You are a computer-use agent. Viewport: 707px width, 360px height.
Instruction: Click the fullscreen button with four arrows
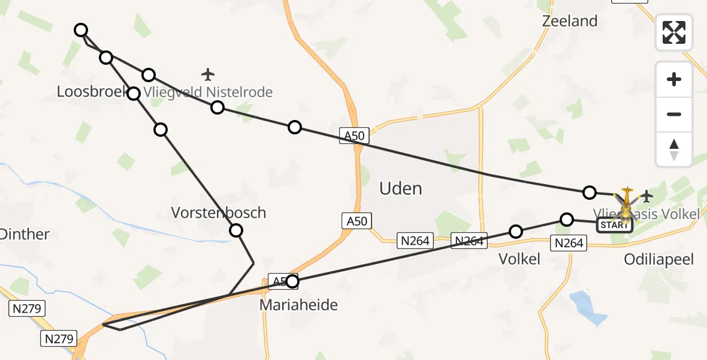tap(674, 32)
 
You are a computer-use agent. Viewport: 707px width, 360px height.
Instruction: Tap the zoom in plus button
tap(674, 79)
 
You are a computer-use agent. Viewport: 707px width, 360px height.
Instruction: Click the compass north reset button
tap(674, 149)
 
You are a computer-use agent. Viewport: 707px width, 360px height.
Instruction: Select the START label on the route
tap(614, 225)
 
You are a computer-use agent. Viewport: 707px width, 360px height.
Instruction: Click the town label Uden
tap(401, 188)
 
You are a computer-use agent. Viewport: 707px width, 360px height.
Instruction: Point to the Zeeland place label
tap(570, 21)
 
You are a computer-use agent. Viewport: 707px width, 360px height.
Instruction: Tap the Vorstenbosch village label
tap(218, 212)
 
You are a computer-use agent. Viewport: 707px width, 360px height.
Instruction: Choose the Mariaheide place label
tap(298, 305)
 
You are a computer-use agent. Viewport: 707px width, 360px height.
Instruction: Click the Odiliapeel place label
tap(658, 259)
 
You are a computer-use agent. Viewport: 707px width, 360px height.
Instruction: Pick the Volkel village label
tap(519, 259)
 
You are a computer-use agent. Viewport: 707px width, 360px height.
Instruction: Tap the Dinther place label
tap(24, 234)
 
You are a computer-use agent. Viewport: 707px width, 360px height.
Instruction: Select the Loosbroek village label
tap(90, 92)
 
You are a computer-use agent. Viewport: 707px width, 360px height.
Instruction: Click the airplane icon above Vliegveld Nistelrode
tap(208, 74)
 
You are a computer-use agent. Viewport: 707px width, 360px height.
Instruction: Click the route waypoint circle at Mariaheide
tap(292, 281)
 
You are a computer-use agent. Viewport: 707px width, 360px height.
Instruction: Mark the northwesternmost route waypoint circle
tap(81, 30)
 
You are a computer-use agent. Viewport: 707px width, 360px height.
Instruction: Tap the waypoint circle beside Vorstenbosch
tap(236, 230)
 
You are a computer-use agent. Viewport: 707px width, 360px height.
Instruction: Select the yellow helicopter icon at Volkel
tap(626, 203)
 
